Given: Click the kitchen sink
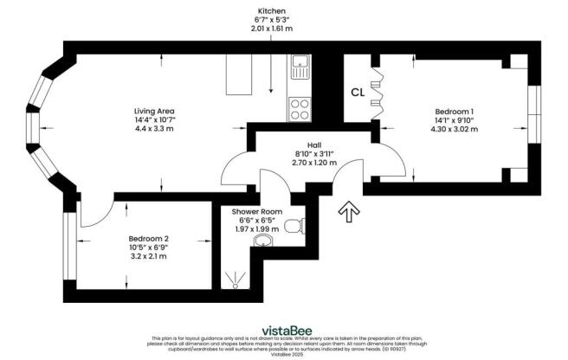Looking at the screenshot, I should click(300, 63).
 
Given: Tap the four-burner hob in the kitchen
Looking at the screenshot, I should click(300, 110).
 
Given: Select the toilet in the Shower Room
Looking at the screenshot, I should click(295, 227).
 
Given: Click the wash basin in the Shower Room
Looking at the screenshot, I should click(266, 242).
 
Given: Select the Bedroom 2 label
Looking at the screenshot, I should click(149, 238).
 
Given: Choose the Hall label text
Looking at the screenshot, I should click(313, 145).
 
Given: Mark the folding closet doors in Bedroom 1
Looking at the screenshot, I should click(375, 91).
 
